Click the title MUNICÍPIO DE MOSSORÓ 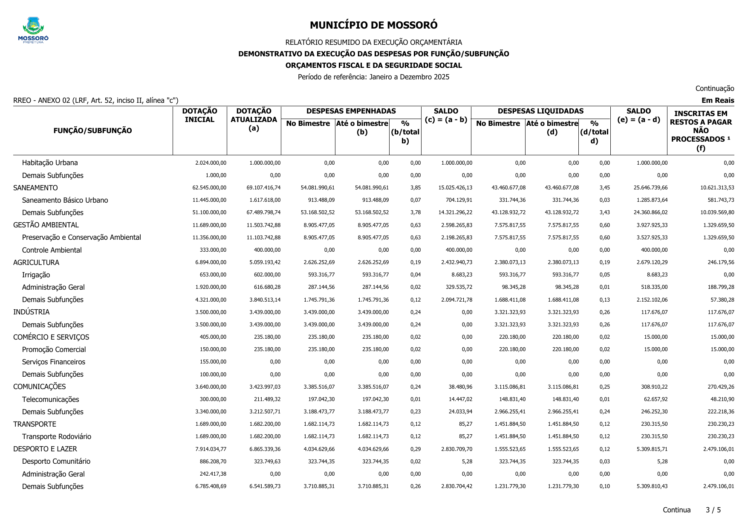click(373, 25)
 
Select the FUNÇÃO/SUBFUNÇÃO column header click(92, 131)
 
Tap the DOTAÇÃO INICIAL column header click(199, 116)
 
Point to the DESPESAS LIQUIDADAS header click(540, 111)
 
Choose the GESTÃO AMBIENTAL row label click(46, 225)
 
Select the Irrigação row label click(36, 275)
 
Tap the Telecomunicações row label click(50, 399)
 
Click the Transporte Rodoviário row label click(56, 436)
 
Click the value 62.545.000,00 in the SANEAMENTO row click(209, 188)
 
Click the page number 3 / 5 click(713, 510)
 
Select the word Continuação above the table click(714, 88)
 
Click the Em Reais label click(718, 101)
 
